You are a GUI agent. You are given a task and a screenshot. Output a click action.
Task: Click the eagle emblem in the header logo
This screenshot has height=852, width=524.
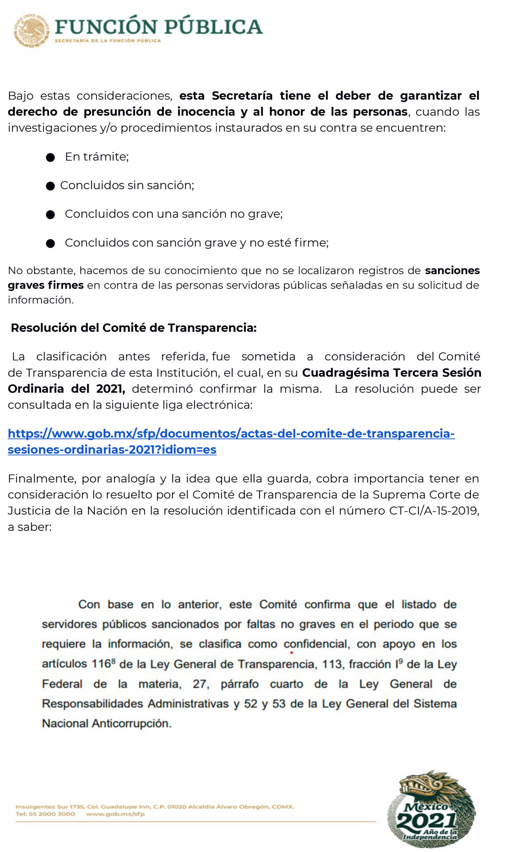point(31,31)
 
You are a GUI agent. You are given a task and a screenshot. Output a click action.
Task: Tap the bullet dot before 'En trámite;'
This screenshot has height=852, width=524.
point(50,158)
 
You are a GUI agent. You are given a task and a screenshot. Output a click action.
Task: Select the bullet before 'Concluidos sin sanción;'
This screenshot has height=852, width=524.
point(50,186)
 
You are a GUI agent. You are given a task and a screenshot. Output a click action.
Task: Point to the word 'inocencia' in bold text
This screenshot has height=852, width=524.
point(206,112)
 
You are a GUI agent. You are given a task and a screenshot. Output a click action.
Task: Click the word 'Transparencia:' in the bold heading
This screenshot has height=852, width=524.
point(212,328)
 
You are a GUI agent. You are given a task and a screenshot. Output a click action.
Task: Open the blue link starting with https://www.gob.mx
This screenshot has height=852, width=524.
point(231,434)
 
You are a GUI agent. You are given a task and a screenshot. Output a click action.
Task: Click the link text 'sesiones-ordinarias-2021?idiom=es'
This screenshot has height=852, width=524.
point(112,450)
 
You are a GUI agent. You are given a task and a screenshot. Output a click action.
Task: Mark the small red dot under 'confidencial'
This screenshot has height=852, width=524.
point(292,653)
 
